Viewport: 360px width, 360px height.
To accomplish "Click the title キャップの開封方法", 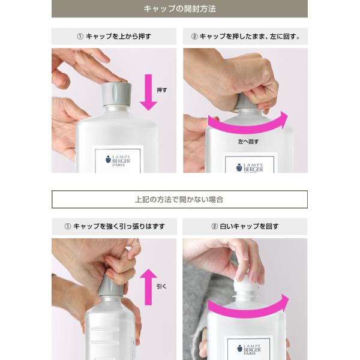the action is [x=179, y=9].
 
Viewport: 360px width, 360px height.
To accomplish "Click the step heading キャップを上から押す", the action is [x=114, y=36].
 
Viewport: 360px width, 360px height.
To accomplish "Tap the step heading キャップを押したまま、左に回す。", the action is [x=245, y=36].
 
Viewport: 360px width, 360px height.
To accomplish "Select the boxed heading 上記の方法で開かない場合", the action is [x=179, y=199].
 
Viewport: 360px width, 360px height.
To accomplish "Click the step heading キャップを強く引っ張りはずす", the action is [x=115, y=226].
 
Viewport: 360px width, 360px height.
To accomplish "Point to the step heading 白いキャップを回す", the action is [x=245, y=226].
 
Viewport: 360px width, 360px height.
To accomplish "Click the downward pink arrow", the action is [x=149, y=92].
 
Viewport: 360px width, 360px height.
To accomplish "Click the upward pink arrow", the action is [x=149, y=287].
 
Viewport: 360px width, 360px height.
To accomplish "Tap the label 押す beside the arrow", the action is [x=162, y=90].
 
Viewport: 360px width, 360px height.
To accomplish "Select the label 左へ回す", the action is [x=248, y=142].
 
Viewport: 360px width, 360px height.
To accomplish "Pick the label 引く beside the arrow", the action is [x=161, y=286].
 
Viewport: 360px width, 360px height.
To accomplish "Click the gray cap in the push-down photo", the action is [x=116, y=94].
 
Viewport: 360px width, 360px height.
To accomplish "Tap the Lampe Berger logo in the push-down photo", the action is [x=118, y=160].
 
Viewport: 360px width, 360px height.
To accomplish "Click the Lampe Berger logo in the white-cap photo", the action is [x=249, y=349].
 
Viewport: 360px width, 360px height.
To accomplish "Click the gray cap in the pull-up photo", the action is [x=110, y=284].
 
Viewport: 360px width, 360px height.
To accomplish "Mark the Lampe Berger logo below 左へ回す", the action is [x=250, y=168].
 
